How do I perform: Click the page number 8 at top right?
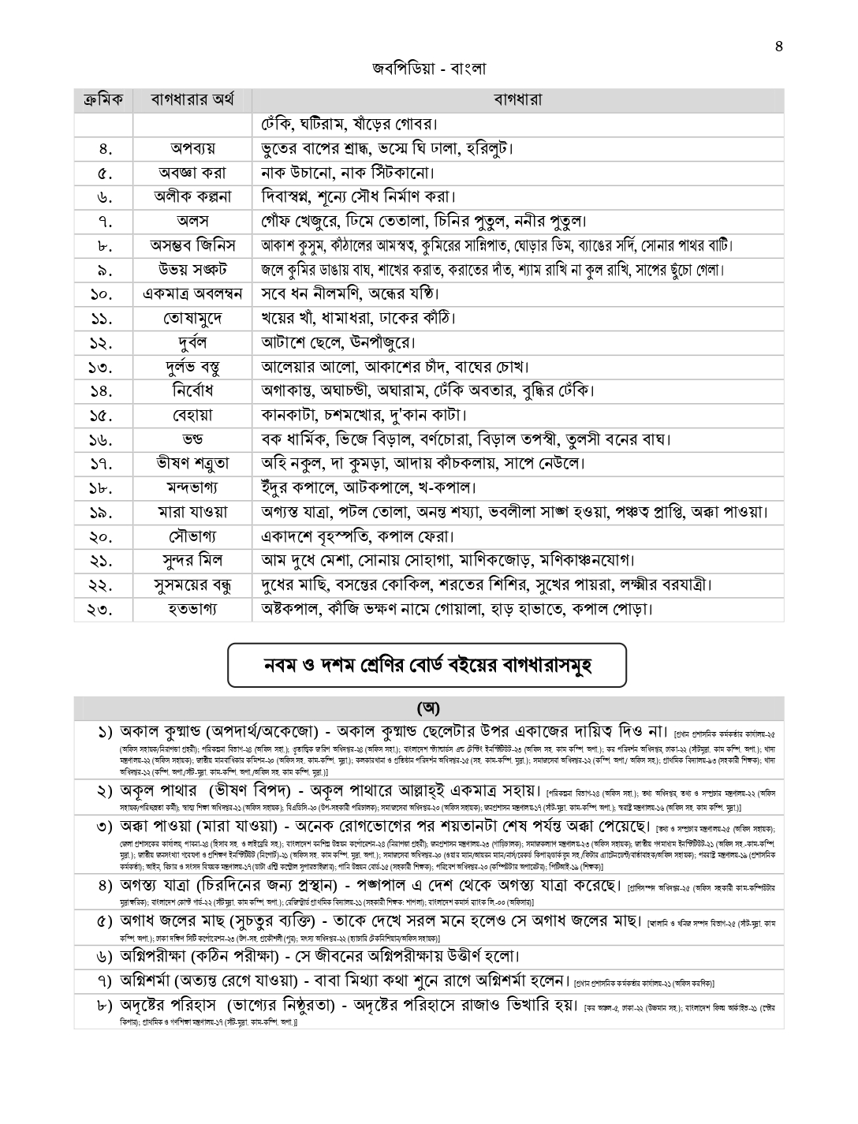[x=779, y=45]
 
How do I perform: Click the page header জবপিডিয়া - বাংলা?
[x=429, y=69]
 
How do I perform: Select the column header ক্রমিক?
[x=103, y=100]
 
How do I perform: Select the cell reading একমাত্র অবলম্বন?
[x=192, y=294]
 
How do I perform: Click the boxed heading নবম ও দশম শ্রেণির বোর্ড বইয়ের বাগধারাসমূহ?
[x=427, y=666]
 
